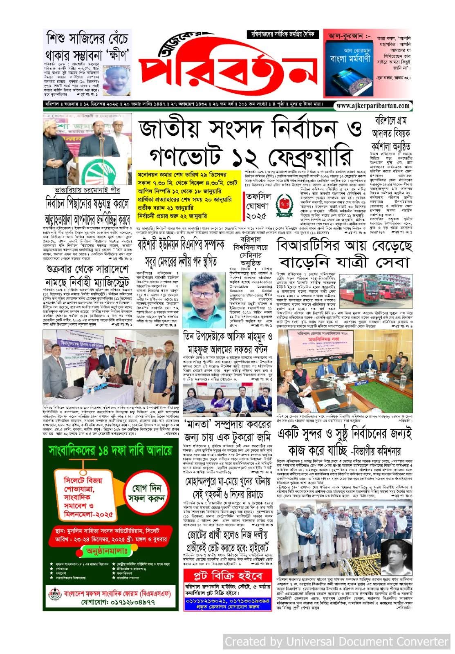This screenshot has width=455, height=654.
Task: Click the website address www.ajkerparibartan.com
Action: click(373, 105)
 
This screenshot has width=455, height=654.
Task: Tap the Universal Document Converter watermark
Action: click(336, 641)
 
